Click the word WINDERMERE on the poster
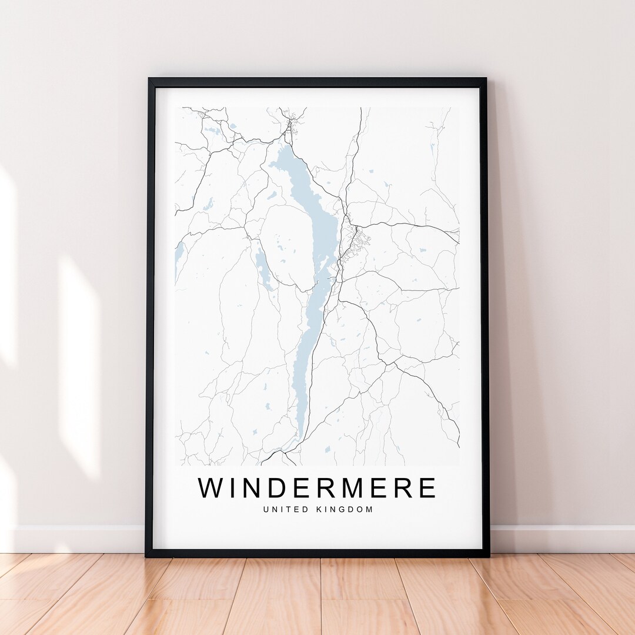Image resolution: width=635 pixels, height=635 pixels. click(x=317, y=488)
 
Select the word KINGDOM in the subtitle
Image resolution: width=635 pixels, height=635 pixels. click(x=345, y=509)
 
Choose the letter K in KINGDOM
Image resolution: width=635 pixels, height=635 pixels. click(x=320, y=509)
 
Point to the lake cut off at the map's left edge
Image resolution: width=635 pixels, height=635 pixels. click(x=179, y=259)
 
